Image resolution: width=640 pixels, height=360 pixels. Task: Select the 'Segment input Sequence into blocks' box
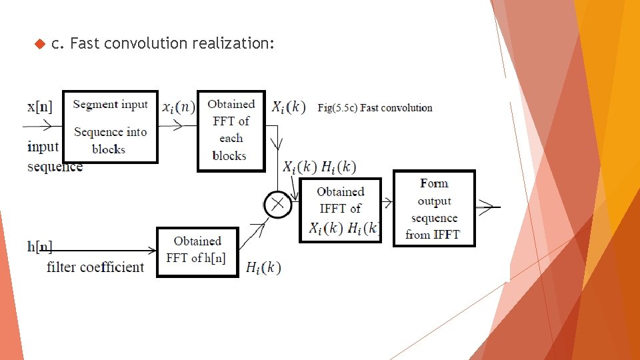[x=110, y=127]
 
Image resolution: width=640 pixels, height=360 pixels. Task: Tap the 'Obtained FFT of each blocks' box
[x=231, y=130]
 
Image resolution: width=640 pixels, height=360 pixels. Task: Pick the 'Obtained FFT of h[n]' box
[x=197, y=251]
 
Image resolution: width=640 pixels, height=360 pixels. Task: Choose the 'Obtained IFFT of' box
[x=340, y=209]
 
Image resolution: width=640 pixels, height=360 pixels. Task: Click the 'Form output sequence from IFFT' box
[x=434, y=209]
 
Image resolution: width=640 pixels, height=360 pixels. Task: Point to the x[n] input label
[x=40, y=106]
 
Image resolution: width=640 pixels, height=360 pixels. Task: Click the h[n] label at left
[x=40, y=247]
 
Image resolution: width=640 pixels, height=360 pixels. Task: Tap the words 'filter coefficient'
[x=95, y=267]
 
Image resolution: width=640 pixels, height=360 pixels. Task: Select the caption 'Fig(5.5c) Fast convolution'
[x=375, y=108]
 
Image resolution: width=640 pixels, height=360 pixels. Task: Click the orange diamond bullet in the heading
[x=38, y=44]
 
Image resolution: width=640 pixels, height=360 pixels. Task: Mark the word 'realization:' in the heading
[x=233, y=44]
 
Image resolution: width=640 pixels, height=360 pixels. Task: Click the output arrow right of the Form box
[x=488, y=207]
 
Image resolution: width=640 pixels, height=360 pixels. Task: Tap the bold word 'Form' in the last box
[x=434, y=183]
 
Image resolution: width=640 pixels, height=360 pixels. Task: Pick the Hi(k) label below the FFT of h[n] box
[x=263, y=268]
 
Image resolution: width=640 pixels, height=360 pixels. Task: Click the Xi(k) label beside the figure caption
[x=289, y=107]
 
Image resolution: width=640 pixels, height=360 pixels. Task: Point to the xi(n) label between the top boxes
[x=178, y=107]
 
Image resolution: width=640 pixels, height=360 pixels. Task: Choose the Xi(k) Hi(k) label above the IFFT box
[x=319, y=167]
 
